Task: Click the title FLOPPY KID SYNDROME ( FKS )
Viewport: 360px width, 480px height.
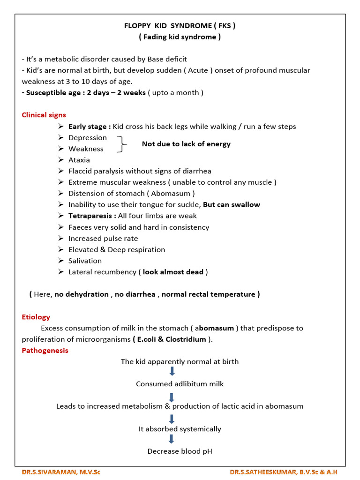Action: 180,26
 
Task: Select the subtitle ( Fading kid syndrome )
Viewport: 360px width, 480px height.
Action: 180,37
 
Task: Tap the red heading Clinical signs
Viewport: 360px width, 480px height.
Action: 44,115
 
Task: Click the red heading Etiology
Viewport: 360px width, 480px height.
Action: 36,317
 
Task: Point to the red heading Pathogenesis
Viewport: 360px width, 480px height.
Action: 45,350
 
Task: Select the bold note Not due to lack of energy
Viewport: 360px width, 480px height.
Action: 186,144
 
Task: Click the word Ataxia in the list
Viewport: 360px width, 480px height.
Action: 79,160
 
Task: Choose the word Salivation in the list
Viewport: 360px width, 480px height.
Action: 85,261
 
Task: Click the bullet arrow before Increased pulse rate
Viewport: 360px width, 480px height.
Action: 61,238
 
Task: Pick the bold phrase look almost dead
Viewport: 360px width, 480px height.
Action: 173,272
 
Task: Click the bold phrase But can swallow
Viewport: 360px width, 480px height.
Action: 232,204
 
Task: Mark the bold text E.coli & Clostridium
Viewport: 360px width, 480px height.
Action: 172,339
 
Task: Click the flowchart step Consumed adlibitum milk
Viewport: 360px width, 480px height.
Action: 180,383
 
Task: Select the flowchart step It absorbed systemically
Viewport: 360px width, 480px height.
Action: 180,428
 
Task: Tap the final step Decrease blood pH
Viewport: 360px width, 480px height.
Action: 180,451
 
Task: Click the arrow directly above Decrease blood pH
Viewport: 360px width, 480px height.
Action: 172,439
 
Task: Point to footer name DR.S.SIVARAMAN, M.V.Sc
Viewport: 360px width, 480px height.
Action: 61,472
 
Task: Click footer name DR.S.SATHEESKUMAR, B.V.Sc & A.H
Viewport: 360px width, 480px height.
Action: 284,472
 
